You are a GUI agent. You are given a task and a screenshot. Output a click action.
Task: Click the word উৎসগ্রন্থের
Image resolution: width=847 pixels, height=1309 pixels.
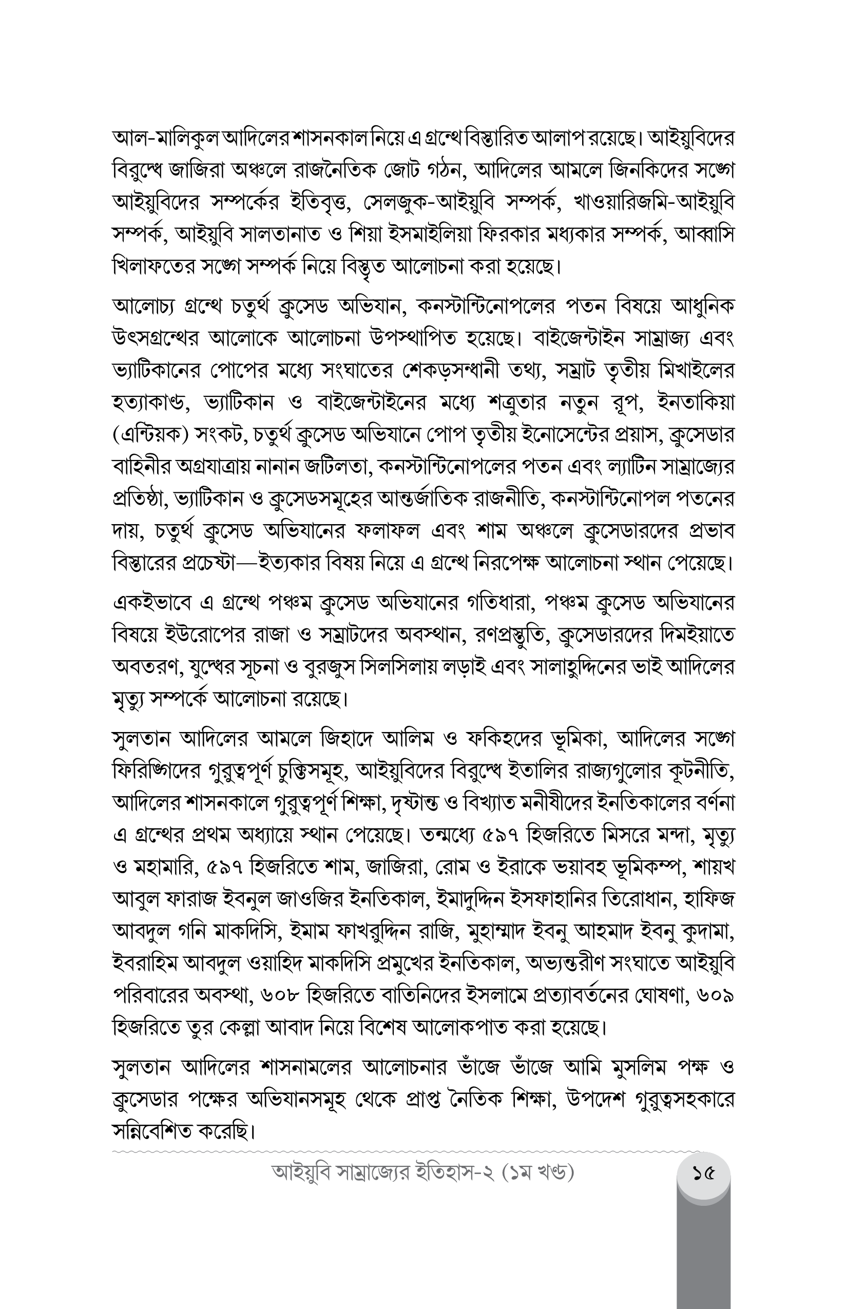(152, 337)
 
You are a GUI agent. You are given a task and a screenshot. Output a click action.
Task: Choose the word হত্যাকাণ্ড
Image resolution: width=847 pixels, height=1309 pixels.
(150, 402)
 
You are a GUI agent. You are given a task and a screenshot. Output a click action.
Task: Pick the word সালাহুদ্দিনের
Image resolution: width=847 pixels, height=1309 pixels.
(593, 667)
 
